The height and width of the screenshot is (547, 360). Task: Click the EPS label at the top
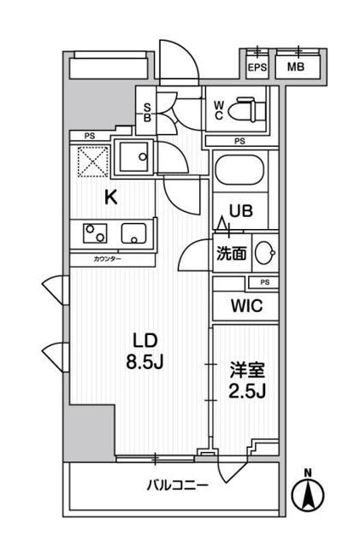(255, 68)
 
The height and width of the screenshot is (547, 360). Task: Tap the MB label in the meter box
(296, 68)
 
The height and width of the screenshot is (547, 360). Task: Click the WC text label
(219, 110)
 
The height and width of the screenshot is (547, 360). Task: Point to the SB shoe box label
(148, 113)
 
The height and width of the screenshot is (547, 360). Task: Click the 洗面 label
(231, 254)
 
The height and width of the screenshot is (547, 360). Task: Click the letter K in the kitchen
(110, 197)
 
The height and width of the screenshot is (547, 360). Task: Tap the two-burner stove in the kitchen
(95, 233)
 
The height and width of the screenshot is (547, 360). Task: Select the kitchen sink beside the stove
(133, 232)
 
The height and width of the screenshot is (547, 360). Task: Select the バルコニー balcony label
(177, 485)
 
